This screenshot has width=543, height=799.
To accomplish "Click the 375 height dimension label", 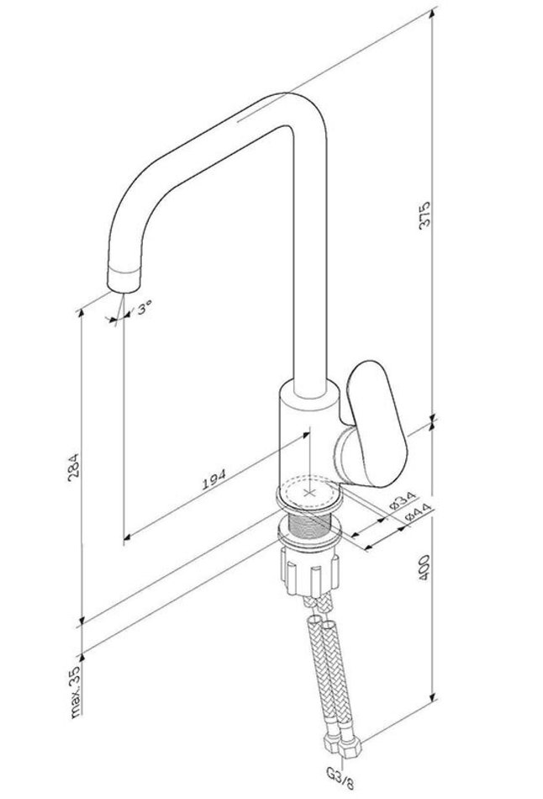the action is click(x=424, y=215).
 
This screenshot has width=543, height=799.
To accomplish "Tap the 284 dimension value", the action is click(x=74, y=465).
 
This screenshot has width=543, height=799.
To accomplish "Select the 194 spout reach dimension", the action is click(x=214, y=479).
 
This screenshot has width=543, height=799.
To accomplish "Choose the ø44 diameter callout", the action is click(x=419, y=512).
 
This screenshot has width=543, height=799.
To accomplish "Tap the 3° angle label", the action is click(x=144, y=308).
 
